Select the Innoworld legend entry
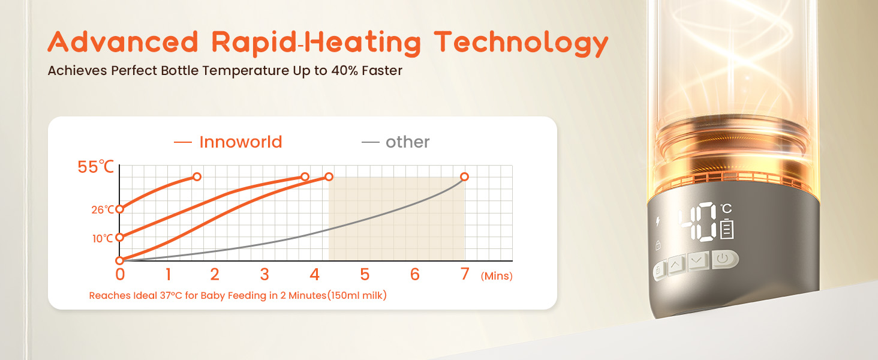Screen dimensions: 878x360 click(228, 142)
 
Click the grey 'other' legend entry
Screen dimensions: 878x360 click(395, 142)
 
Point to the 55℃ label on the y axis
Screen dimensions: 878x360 click(95, 167)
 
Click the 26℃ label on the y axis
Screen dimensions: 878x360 click(103, 210)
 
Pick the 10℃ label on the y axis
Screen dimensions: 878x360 click(103, 238)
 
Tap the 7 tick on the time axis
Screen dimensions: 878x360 click(465, 274)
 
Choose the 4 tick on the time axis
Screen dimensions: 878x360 click(314, 274)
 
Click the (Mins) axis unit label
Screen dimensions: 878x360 click(497, 276)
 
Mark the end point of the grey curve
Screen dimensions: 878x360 click(464, 177)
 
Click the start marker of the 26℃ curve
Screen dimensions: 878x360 click(120, 209)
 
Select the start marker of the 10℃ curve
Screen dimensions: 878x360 click(120, 237)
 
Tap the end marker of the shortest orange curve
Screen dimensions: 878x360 click(197, 177)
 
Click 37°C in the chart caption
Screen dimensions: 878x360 click(171, 295)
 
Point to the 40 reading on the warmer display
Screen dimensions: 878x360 click(698, 221)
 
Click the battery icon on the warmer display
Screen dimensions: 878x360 click(727, 229)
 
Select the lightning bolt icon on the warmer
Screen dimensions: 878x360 click(658, 221)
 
